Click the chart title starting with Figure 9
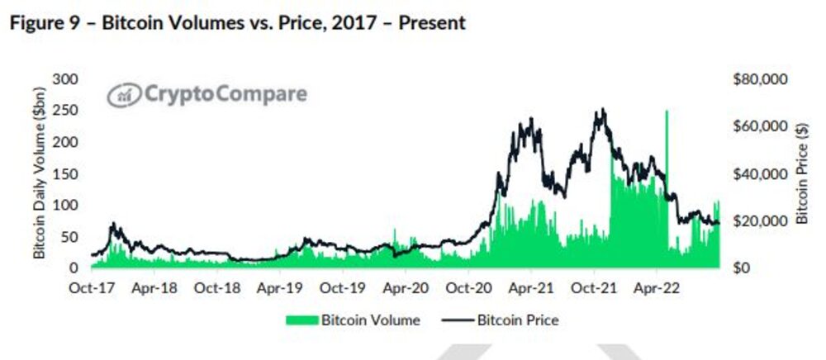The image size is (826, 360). coord(237,22)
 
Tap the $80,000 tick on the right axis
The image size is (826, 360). coord(760,79)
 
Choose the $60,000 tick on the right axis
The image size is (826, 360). coord(760,126)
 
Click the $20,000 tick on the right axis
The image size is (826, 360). coord(760,221)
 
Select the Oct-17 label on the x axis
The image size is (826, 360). coord(91,290)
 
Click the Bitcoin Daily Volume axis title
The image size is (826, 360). coord(39,173)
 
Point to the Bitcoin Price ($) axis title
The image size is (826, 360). coord(800,173)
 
